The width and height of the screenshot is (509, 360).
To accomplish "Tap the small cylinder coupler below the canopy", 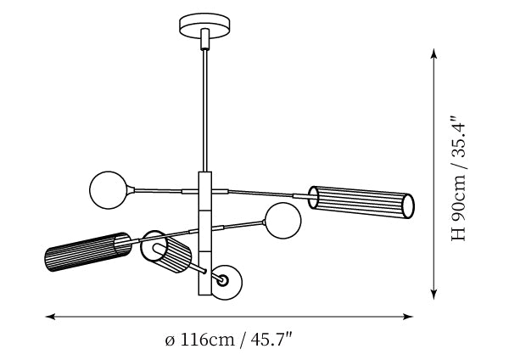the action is tap(205, 39).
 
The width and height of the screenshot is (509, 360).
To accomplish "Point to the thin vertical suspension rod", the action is tap(205, 110).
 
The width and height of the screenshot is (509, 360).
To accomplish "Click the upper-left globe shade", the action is tap(108, 190).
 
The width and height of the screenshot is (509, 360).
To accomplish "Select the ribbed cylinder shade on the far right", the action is tap(361, 202).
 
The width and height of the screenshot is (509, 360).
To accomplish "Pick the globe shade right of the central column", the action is tap(283, 221).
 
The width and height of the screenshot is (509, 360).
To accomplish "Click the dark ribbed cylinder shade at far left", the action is tap(88, 252).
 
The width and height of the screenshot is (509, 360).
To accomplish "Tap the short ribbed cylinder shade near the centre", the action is tap(166, 252).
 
